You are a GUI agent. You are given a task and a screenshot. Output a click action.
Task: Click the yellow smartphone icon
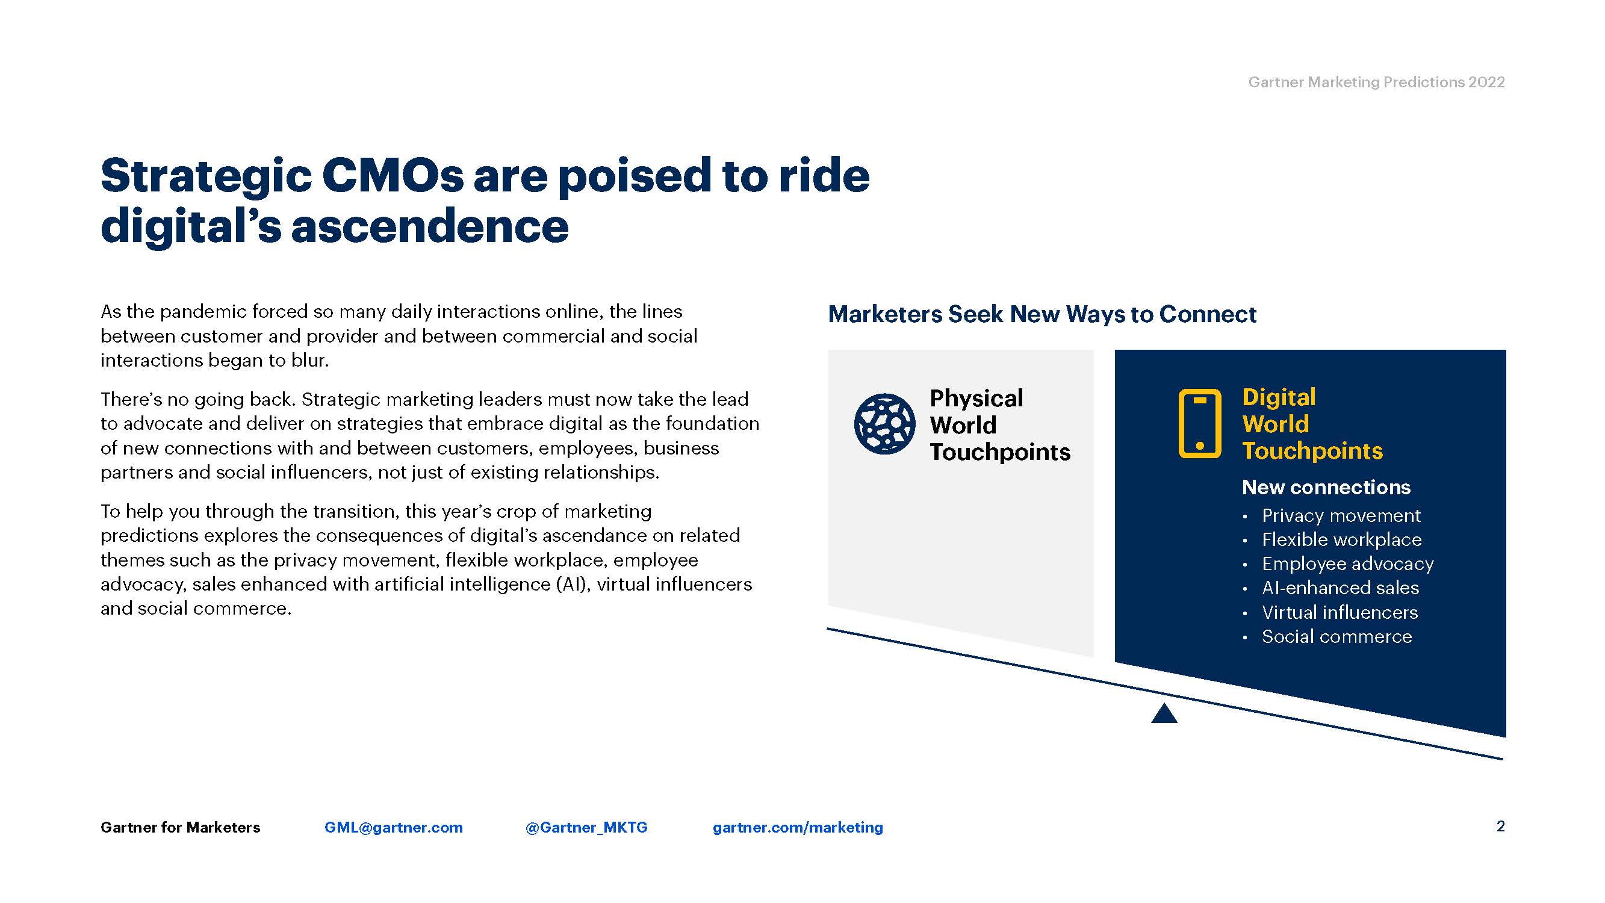pyautogui.click(x=1199, y=424)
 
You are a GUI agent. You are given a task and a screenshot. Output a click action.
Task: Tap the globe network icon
pyautogui.click(x=884, y=424)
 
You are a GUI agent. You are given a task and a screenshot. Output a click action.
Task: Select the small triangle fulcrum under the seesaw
pyautogui.click(x=1164, y=713)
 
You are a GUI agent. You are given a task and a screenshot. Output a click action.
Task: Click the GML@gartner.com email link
pyautogui.click(x=394, y=827)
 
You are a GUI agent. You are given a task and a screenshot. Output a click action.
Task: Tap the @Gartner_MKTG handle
pyautogui.click(x=586, y=827)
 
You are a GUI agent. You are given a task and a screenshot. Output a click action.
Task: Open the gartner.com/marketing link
pyautogui.click(x=798, y=827)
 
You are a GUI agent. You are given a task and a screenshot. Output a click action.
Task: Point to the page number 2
pyautogui.click(x=1500, y=827)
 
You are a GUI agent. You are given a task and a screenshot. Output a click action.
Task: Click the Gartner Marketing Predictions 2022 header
pyautogui.click(x=1376, y=82)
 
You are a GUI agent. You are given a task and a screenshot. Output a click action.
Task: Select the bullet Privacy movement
pyautogui.click(x=1341, y=515)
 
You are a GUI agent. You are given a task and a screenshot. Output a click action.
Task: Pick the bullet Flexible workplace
pyautogui.click(x=1341, y=539)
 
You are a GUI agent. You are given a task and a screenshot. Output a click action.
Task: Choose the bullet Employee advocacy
pyautogui.click(x=1348, y=563)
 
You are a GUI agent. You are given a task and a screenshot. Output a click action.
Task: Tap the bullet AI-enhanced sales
pyautogui.click(x=1340, y=588)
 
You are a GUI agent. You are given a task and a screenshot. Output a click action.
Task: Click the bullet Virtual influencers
pyautogui.click(x=1340, y=612)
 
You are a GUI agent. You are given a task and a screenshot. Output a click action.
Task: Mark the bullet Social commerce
pyautogui.click(x=1336, y=636)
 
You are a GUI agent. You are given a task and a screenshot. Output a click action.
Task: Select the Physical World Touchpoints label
pyautogui.click(x=999, y=424)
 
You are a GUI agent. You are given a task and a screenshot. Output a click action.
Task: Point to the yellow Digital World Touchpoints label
pyautogui.click(x=1312, y=424)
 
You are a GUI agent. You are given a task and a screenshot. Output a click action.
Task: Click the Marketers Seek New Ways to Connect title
pyautogui.click(x=1042, y=314)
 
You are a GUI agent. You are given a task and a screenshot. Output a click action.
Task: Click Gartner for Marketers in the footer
pyautogui.click(x=180, y=827)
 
